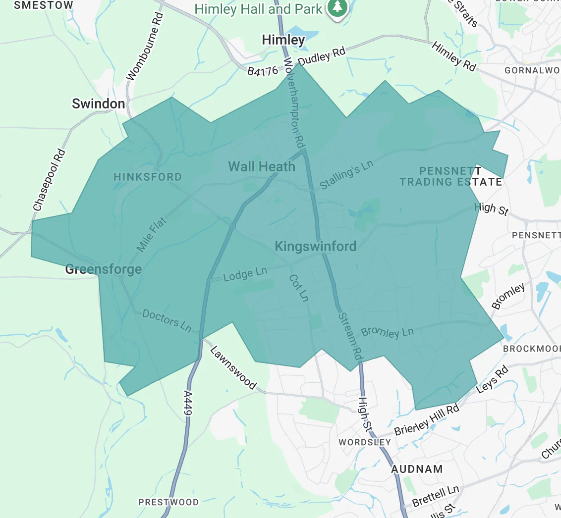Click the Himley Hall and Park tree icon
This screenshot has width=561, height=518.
(338, 7)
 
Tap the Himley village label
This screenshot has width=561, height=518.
(283, 40)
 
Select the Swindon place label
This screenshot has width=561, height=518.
(99, 104)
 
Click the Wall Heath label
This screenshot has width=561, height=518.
(262, 166)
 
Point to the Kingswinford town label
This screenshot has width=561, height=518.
(315, 246)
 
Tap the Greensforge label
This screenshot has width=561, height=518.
(104, 269)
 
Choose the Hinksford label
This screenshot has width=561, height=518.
(148, 177)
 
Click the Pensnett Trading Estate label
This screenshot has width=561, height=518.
(450, 177)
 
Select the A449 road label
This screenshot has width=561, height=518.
(187, 404)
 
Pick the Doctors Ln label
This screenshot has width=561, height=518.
(167, 320)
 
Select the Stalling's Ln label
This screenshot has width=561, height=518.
(346, 175)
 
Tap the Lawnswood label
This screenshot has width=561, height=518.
(233, 367)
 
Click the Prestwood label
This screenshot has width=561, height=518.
(168, 502)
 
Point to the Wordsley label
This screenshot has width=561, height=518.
(365, 442)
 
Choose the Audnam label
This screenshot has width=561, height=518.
(417, 468)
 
